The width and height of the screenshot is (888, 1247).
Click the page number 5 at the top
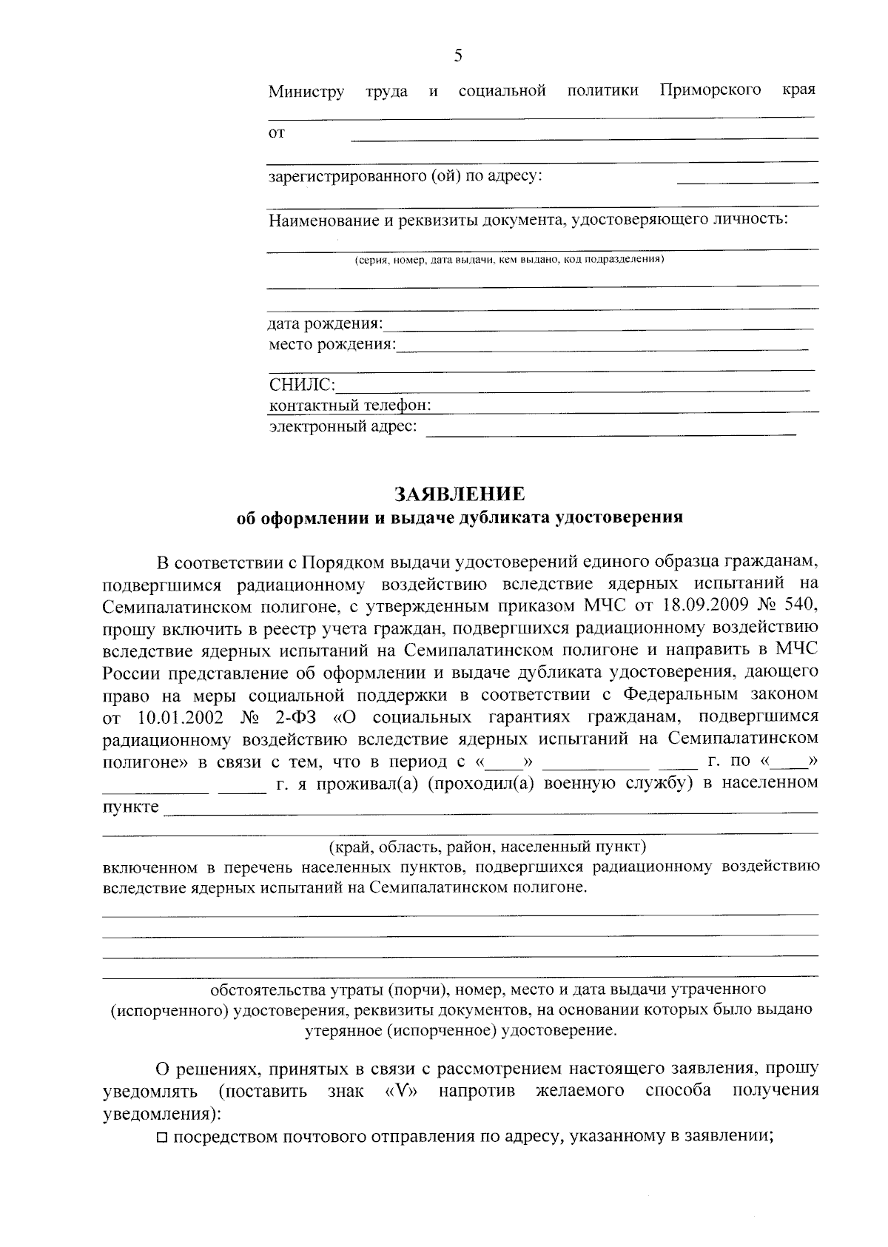(458, 56)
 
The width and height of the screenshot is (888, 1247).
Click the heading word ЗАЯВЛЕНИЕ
(459, 494)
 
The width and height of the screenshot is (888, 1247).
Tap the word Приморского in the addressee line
(710, 90)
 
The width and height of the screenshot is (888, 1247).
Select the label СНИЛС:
(302, 385)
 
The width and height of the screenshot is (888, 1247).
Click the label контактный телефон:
(350, 406)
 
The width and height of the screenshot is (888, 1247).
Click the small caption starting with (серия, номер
(508, 260)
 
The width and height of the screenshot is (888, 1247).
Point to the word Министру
(306, 92)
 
